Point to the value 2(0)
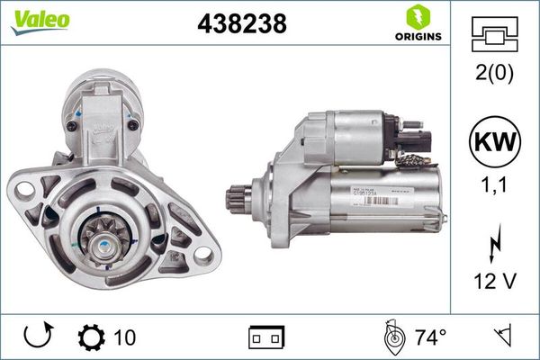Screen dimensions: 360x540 pos(494,75)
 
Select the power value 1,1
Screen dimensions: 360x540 pos(494,186)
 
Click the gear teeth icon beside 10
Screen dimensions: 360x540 pos(91,337)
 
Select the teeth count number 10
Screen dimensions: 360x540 pos(125,337)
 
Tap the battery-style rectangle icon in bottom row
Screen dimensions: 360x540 pos(266,337)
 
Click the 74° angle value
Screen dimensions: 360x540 pos(431,337)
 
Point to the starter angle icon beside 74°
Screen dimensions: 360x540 pos(392,337)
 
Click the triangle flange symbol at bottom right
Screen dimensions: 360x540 pos(506,337)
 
